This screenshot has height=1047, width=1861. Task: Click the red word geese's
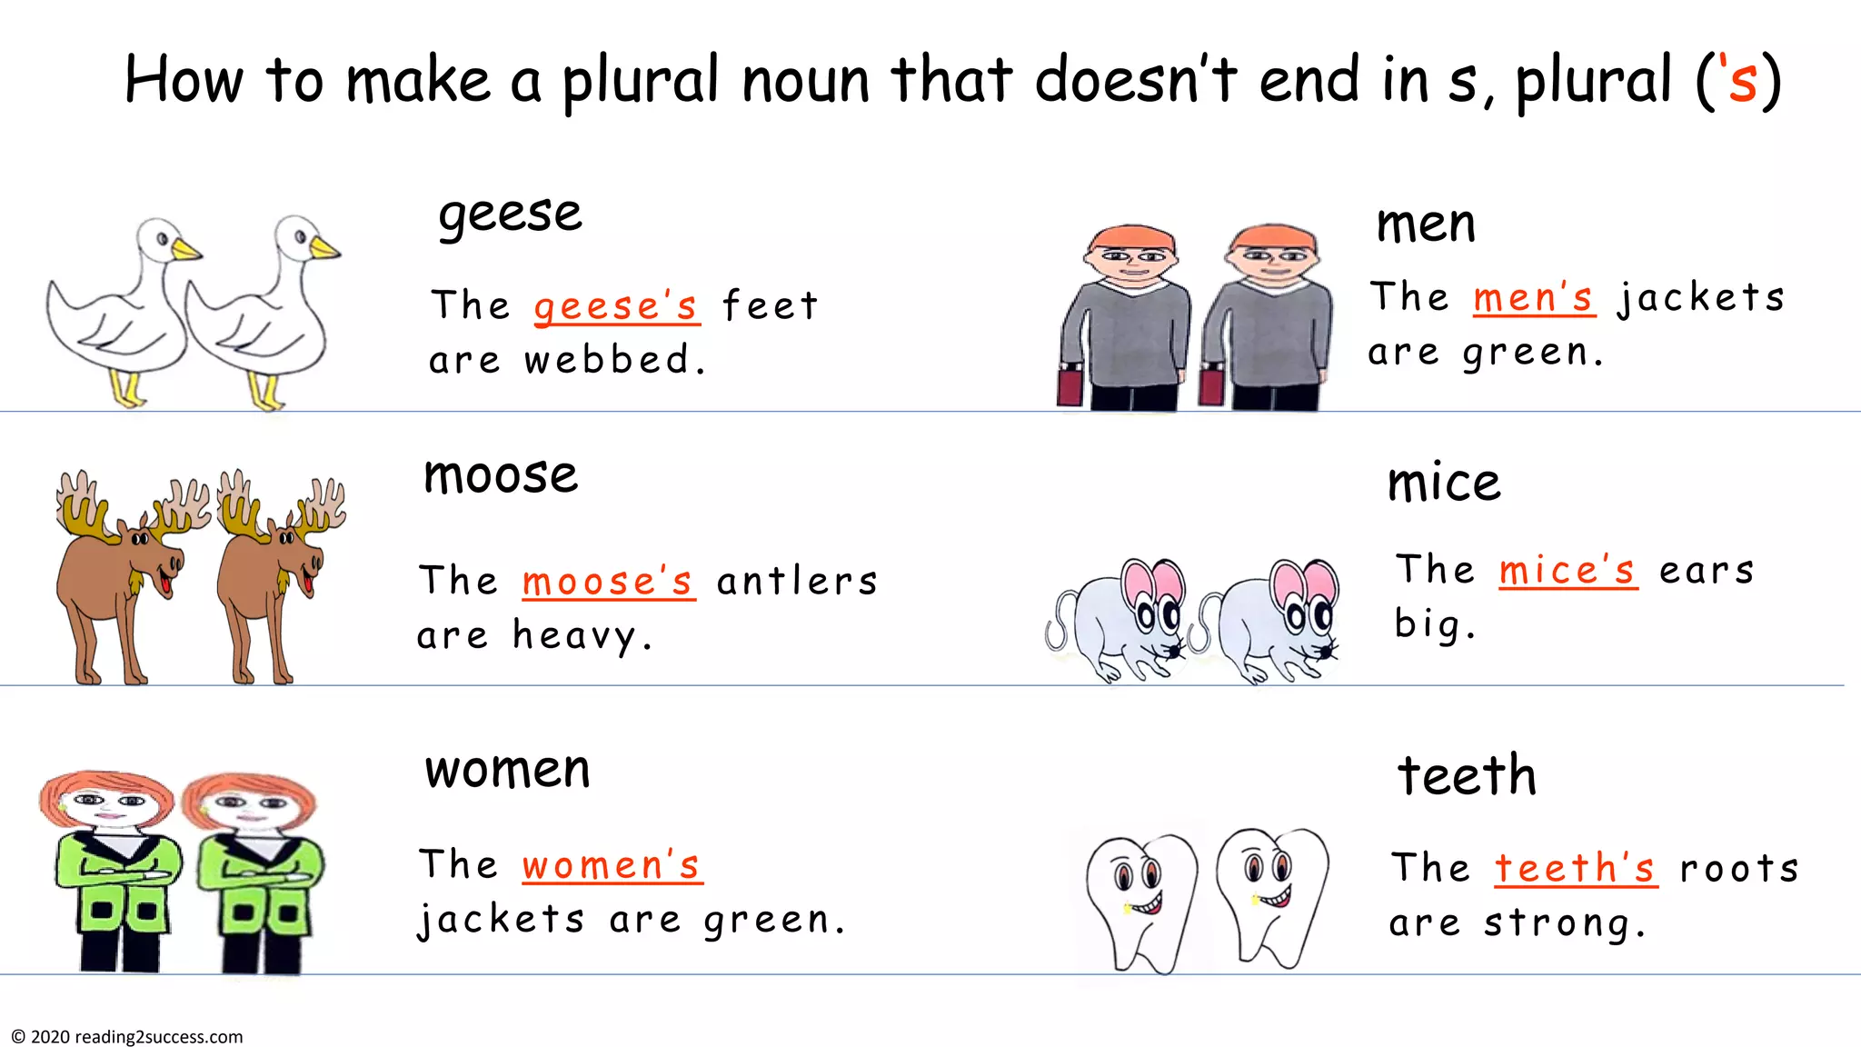(x=616, y=306)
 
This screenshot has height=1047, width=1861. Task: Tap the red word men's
(x=1533, y=298)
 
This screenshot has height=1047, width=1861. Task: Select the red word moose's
(x=608, y=582)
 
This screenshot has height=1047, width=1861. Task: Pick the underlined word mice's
(x=1567, y=571)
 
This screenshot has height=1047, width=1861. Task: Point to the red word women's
(x=612, y=865)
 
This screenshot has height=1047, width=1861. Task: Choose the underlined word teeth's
(x=1576, y=869)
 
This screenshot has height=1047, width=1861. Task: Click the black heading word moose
(x=501, y=475)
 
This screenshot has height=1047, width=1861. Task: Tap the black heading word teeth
(x=1467, y=775)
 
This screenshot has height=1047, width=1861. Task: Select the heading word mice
(x=1444, y=483)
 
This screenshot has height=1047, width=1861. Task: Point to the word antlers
(x=797, y=582)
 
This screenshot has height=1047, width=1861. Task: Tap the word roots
(x=1739, y=869)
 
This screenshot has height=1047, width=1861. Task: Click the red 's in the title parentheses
(x=1737, y=80)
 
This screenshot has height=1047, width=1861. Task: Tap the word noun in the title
(x=805, y=80)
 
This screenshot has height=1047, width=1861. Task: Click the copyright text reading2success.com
(x=158, y=1037)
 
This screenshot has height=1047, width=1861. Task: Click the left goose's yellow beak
(x=186, y=249)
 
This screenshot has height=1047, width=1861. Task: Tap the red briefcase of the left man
(x=1070, y=385)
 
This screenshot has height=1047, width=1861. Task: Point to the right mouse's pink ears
(x=1303, y=583)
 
